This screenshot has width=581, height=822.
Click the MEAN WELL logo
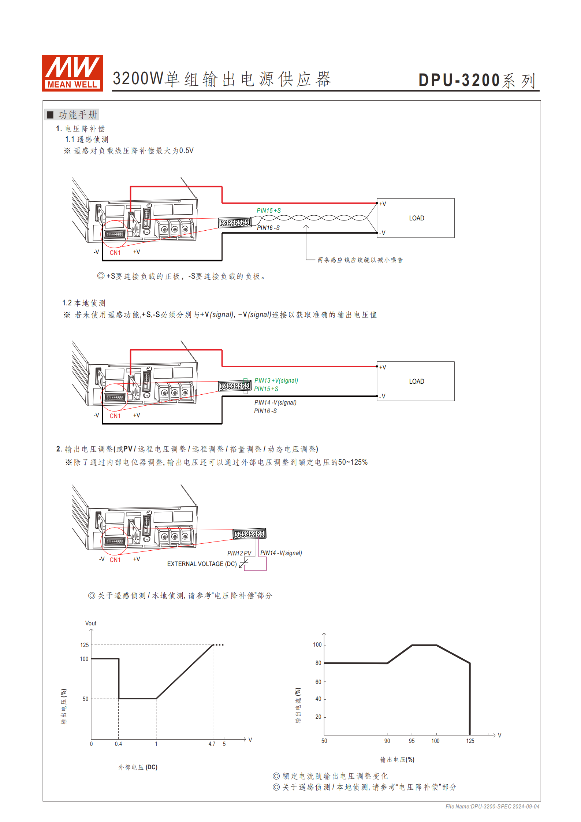(x=72, y=73)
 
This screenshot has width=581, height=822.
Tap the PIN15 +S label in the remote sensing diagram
(x=268, y=211)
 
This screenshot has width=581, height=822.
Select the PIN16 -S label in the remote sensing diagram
(x=268, y=228)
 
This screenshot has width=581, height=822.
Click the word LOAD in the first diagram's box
(x=416, y=218)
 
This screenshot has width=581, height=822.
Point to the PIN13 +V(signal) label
(x=276, y=380)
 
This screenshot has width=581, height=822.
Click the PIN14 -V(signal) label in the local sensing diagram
(x=275, y=402)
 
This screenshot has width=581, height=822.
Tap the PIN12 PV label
(x=239, y=553)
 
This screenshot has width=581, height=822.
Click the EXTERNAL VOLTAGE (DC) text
(x=202, y=564)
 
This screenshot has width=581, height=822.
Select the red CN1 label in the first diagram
(x=115, y=253)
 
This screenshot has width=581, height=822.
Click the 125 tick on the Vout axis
(x=85, y=645)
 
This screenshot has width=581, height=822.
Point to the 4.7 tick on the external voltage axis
(x=212, y=744)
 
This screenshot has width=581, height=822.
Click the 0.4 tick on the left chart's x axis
(x=118, y=744)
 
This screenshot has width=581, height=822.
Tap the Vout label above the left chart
(x=91, y=623)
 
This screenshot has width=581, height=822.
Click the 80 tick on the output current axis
(x=318, y=663)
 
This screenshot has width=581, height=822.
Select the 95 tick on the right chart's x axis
(x=411, y=741)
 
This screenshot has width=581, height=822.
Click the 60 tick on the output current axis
(x=318, y=682)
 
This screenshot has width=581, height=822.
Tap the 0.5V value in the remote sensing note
(x=186, y=151)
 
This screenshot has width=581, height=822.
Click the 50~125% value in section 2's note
(x=353, y=462)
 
